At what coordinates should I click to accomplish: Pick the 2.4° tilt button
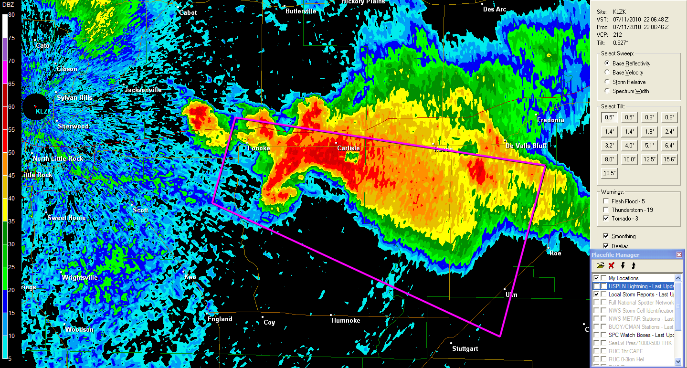point(669,132)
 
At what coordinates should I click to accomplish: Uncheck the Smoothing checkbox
point(606,236)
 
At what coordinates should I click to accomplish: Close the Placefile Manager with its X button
point(679,255)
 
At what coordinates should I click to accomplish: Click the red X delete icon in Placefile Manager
point(611,265)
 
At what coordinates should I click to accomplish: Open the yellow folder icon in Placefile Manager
point(601,265)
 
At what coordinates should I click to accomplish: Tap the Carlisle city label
point(349,148)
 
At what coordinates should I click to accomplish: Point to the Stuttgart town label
point(465,349)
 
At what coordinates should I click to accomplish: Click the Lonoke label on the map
point(259,148)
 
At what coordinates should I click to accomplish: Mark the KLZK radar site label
point(43,111)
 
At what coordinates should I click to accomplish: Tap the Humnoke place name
point(346,321)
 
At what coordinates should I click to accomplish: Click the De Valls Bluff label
point(527,146)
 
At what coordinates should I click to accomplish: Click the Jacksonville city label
point(143,90)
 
